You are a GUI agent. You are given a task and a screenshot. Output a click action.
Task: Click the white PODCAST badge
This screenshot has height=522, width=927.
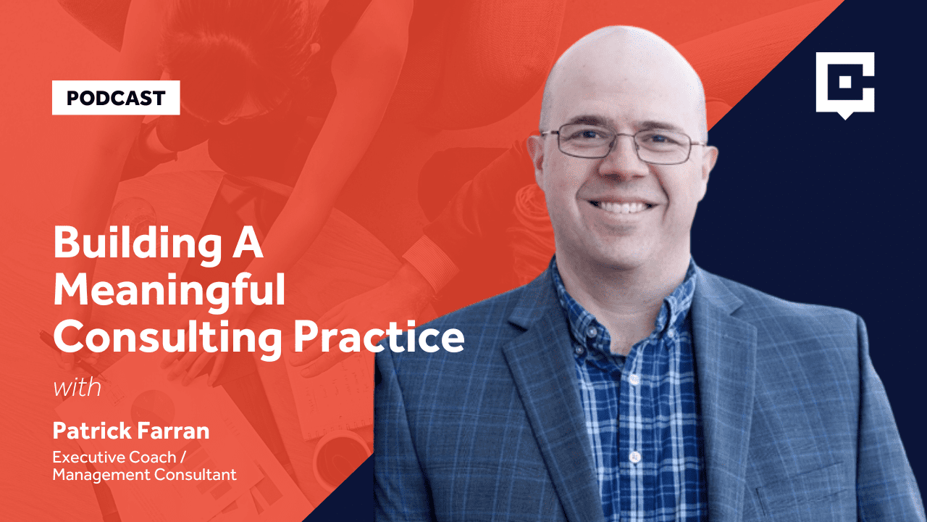pos(116,98)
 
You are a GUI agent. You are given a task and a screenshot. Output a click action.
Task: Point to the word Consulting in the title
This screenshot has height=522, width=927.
pos(167,339)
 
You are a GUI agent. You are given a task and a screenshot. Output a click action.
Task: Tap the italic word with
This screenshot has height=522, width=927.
pos(77,388)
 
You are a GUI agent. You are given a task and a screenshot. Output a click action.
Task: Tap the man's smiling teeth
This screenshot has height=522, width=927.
pos(623,207)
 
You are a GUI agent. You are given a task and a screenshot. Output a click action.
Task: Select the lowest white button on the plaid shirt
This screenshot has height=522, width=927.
pos(634,457)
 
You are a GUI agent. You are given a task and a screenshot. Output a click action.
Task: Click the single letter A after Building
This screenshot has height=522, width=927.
pos(247,243)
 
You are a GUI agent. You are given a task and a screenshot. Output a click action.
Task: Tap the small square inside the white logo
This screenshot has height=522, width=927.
pos(845,82)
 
